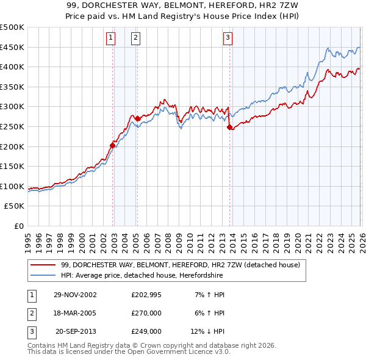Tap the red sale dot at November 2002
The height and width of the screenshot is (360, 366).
tap(113, 145)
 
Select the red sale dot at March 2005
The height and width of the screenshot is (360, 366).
tap(137, 118)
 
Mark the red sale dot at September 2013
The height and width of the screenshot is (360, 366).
tap(229, 127)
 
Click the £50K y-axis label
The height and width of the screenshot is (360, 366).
tap(15, 206)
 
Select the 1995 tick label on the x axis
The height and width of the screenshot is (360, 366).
tap(28, 238)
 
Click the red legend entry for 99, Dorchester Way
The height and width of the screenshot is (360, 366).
tap(180, 265)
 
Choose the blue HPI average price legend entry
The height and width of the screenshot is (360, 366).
tap(142, 276)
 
